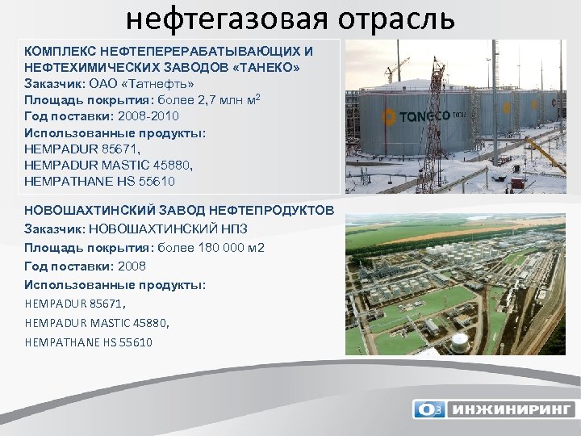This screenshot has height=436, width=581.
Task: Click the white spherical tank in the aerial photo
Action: [459, 342]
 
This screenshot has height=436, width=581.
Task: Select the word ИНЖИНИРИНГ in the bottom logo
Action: [511, 409]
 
